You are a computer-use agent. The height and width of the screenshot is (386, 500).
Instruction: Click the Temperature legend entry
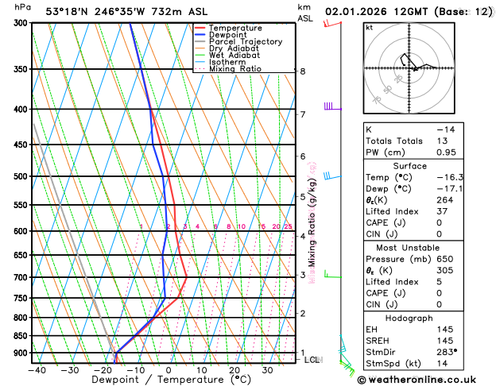pos(234,28)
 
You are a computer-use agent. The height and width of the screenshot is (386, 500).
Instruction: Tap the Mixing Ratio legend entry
pos(234,69)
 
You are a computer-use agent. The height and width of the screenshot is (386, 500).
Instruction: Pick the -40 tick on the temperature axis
pos(37,369)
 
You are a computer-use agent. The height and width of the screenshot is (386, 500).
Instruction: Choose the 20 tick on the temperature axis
pos(234,369)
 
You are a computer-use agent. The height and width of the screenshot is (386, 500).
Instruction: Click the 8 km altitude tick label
pos(303,71)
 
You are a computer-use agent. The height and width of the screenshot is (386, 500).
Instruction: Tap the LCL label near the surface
pos(313,360)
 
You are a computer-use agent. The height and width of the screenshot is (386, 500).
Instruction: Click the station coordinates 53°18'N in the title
pos(68,11)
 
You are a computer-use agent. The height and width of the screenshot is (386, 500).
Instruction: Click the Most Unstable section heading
pos(409,247)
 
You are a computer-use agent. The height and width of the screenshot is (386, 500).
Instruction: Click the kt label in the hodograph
pos(370,27)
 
